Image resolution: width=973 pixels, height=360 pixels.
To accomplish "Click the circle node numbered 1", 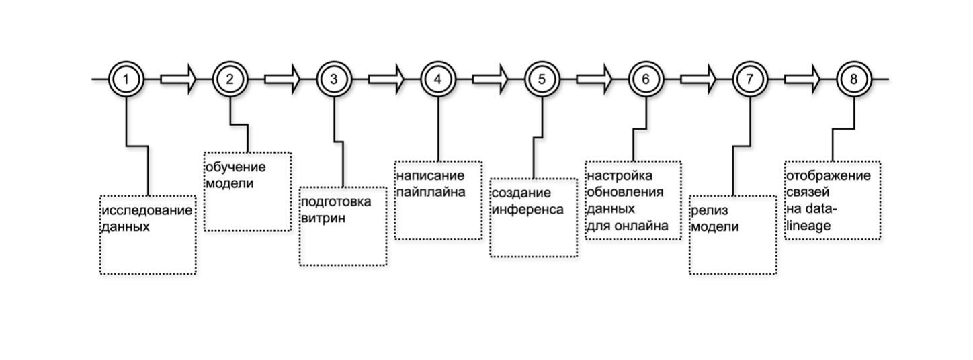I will [x=126, y=79].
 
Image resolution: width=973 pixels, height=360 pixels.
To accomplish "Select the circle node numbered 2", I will [x=230, y=79].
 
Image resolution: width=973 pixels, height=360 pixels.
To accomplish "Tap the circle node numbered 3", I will [x=334, y=79].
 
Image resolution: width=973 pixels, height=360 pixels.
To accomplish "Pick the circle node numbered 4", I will [x=437, y=79].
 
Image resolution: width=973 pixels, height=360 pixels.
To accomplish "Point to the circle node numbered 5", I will [x=542, y=79].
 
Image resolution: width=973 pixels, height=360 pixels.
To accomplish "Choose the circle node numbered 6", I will [x=646, y=79].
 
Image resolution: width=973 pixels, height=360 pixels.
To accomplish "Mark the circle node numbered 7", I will [x=749, y=79].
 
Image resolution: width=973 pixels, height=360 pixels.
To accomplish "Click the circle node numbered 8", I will [x=853, y=79].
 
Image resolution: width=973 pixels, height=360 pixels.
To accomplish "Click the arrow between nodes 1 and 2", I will [x=178, y=79].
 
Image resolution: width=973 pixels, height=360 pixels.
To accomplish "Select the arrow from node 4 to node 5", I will [x=490, y=79].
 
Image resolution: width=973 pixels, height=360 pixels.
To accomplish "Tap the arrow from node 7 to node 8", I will [x=802, y=79].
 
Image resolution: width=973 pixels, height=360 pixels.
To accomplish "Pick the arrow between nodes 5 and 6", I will [x=594, y=79].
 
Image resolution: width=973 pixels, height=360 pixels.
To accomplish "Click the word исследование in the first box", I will [x=146, y=211].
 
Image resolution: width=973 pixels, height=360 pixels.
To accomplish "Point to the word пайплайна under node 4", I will [x=431, y=192].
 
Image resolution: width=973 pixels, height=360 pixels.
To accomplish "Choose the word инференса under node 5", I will [x=527, y=209].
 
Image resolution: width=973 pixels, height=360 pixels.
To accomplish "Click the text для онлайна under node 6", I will [x=628, y=226].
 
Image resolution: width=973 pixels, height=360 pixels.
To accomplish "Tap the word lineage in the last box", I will [x=808, y=226].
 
